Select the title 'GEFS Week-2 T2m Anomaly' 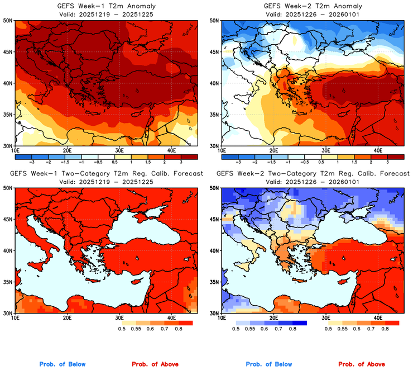(x=311, y=6)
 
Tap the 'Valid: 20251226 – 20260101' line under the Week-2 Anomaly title (x=311, y=14)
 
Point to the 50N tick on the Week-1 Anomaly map (x=8, y=21)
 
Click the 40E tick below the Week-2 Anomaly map (x=377, y=150)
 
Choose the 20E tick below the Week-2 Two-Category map (x=273, y=317)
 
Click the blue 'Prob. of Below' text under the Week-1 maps (x=62, y=364)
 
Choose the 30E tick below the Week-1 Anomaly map (x=119, y=150)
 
